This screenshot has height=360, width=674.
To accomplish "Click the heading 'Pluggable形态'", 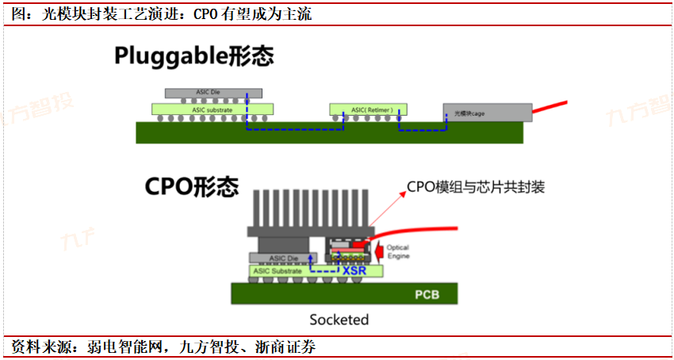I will (193, 56).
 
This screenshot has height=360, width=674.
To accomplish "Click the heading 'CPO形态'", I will (192, 186).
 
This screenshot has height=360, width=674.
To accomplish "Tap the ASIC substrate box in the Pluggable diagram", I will (213, 109).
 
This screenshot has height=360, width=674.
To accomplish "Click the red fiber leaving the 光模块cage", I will (550, 107).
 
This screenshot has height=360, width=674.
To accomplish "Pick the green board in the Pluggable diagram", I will (329, 133).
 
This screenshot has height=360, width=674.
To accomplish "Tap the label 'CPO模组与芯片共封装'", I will (476, 187).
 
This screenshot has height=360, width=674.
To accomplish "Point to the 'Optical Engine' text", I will (398, 251).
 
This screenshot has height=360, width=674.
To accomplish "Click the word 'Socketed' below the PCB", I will (339, 320).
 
